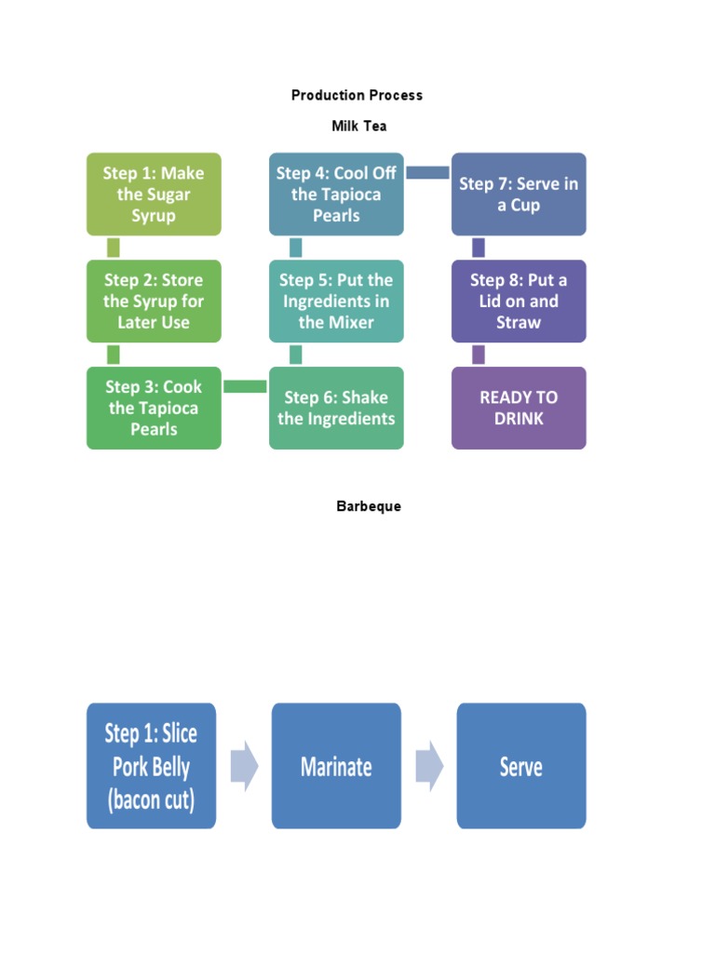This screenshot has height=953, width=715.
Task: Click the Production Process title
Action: (x=357, y=95)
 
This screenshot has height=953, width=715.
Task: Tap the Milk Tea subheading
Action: (x=358, y=126)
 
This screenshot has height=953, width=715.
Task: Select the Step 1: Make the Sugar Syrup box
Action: (x=154, y=194)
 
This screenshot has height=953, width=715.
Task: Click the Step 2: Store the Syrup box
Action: (x=154, y=301)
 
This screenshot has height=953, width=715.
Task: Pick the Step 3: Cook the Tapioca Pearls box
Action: (x=154, y=408)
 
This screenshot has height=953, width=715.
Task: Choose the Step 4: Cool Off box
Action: (x=336, y=194)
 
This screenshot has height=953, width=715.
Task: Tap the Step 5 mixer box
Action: (x=336, y=301)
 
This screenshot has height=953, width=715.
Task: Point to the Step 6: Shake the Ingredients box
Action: (x=336, y=408)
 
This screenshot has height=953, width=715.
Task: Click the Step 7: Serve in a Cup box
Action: (x=519, y=194)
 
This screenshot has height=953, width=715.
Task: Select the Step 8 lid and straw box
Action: (x=519, y=301)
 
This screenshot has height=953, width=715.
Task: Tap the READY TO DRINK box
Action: (x=519, y=408)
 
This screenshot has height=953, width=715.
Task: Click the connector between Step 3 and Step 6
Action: (x=245, y=386)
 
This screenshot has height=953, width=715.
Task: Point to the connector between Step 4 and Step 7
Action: (x=427, y=172)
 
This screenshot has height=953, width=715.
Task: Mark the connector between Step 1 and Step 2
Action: (x=114, y=248)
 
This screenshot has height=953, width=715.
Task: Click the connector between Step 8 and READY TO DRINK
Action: (x=479, y=355)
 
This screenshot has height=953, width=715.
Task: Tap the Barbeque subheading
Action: (x=369, y=506)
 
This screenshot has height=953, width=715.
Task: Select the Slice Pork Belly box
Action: (x=152, y=766)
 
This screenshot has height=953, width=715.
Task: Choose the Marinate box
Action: (x=336, y=766)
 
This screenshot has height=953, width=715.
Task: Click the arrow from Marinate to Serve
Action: (x=429, y=766)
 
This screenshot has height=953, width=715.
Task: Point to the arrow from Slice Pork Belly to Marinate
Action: (x=244, y=766)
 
